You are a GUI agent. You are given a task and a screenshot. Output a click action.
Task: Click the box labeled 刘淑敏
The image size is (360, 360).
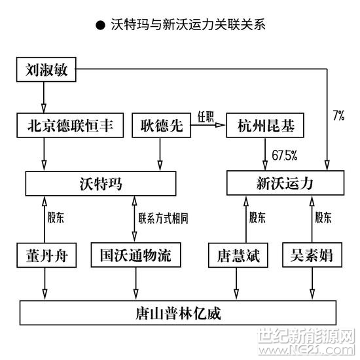click(x=46, y=69)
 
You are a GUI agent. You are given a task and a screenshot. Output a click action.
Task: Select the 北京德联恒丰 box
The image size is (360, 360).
click(x=70, y=126)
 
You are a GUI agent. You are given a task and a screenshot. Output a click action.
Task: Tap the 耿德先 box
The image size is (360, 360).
click(x=161, y=126)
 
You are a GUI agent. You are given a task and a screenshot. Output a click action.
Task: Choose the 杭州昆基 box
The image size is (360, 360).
click(x=265, y=126)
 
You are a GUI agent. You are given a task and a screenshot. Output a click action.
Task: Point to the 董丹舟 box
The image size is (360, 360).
click(x=46, y=255)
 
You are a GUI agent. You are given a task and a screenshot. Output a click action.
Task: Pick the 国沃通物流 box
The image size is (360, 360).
click(x=135, y=255)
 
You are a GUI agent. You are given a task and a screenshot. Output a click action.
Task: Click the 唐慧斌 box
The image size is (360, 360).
click(x=238, y=255)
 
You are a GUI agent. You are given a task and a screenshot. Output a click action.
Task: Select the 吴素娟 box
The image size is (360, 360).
click(x=312, y=255)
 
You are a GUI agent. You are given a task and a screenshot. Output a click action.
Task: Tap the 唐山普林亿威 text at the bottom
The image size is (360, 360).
click(x=178, y=314)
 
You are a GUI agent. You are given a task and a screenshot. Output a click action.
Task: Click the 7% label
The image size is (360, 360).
click(x=338, y=115)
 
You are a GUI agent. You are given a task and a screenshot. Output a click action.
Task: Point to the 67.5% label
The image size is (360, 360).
click(x=285, y=155)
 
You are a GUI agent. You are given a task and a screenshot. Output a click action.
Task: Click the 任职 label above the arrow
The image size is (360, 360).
click(x=206, y=117)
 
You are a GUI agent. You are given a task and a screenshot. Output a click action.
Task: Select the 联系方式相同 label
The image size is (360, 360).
click(x=163, y=218)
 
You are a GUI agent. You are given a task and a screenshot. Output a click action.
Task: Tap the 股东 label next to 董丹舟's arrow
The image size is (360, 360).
click(x=56, y=217)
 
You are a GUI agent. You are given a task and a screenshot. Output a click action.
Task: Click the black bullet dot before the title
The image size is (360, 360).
click(x=100, y=25)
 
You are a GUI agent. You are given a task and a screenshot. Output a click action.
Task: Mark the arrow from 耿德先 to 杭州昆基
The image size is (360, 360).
click(x=207, y=125)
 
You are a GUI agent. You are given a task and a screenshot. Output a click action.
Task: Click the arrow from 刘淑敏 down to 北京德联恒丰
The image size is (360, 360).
click(x=44, y=97)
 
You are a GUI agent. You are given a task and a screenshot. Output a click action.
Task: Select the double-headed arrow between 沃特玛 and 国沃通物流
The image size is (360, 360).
click(x=135, y=219)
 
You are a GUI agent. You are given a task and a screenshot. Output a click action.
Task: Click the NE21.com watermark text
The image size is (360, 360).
click(x=306, y=350)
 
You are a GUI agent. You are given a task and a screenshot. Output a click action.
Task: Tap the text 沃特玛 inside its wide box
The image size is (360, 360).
click(x=101, y=184)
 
